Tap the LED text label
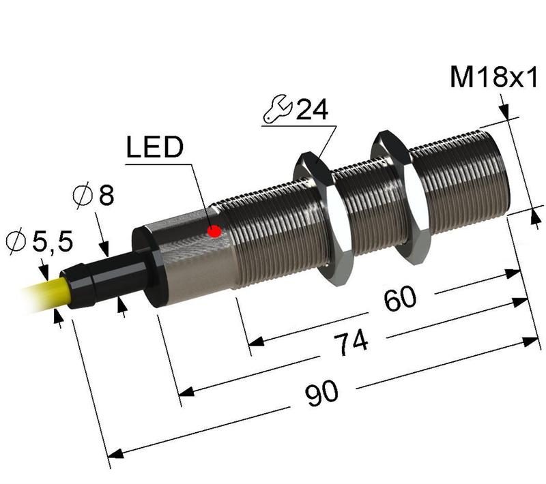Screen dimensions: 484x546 155,147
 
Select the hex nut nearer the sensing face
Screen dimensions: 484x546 401,198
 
